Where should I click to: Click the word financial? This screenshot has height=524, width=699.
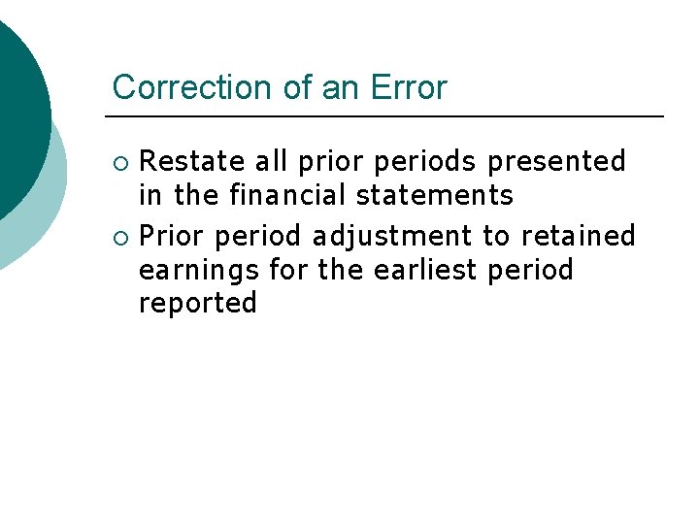point(288,195)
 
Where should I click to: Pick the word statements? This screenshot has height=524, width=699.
point(434,195)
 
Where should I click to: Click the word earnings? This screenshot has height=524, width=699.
point(199,271)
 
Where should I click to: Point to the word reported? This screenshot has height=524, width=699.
point(198,304)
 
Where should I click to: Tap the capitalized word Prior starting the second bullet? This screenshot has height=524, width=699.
point(172,236)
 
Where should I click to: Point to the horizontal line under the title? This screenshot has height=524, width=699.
point(388,117)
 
